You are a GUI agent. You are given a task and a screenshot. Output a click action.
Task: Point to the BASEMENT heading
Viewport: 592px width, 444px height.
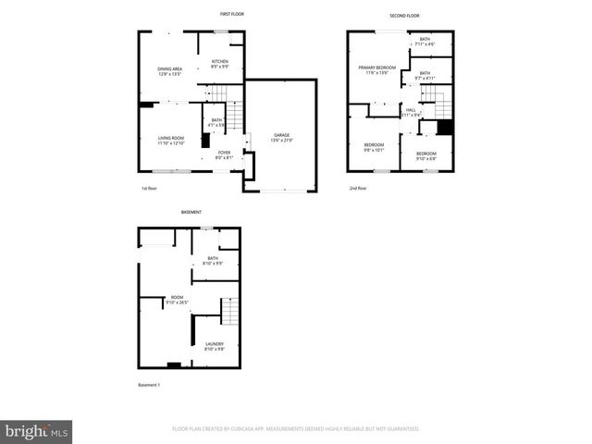191,212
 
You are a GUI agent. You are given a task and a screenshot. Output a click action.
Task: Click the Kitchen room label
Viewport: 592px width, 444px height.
219,64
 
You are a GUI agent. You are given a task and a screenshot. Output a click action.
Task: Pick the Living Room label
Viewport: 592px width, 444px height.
171,140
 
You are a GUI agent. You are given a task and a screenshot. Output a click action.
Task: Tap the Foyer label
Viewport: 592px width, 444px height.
224,154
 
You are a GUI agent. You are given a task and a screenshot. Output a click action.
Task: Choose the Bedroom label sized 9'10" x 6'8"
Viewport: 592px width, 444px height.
425,154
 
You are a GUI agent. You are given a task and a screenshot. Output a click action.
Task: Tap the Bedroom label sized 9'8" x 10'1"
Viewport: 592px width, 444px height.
374,146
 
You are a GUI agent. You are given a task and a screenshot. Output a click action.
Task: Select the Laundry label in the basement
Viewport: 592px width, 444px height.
215,346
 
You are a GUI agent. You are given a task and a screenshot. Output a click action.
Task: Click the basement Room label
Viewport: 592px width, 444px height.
176,299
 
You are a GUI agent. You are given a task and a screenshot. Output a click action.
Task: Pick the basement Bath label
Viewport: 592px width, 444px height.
213,261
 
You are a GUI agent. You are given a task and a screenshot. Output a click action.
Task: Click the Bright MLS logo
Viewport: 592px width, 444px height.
37,430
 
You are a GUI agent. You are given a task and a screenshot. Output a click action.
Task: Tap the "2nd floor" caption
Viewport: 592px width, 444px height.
358,188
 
